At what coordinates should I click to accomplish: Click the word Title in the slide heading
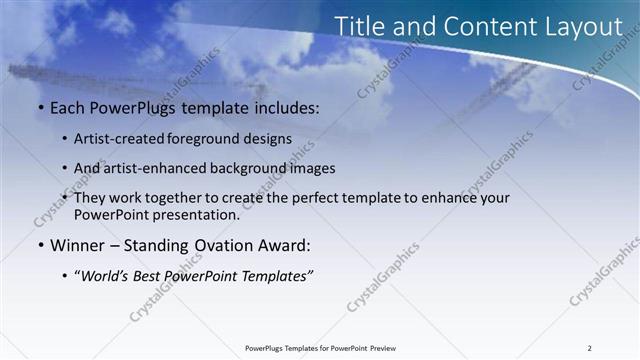coord(358,27)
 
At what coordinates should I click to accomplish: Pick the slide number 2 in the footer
coord(589,347)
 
